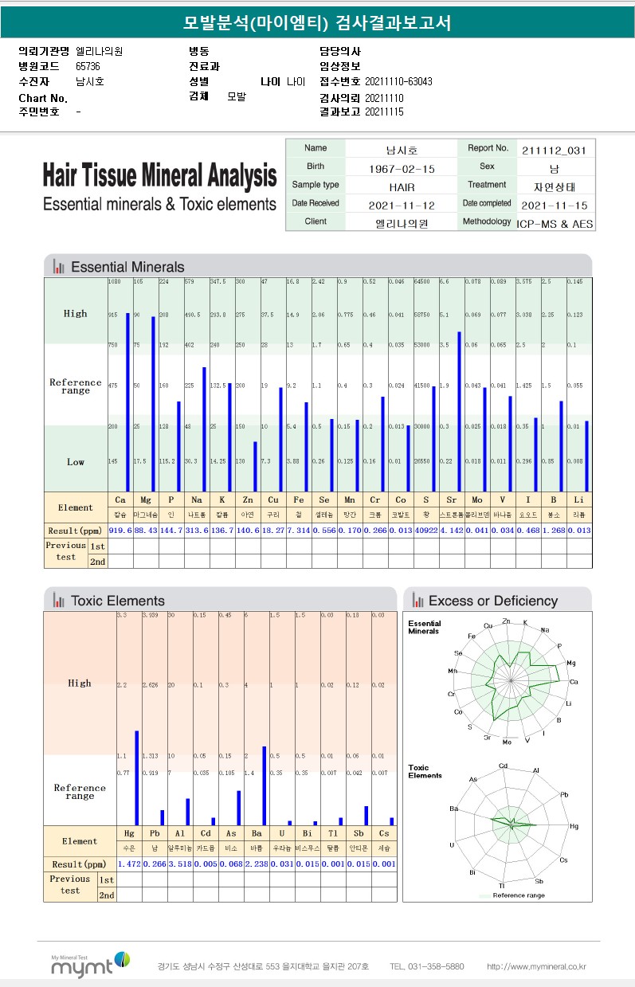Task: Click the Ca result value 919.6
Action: pyautogui.click(x=120, y=531)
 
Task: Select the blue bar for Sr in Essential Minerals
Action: pyautogui.click(x=459, y=410)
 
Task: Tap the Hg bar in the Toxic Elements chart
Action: pyautogui.click(x=136, y=777)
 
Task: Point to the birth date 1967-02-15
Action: pyautogui.click(x=402, y=169)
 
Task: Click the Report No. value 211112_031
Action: pyautogui.click(x=555, y=150)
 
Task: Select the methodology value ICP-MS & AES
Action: pyautogui.click(x=555, y=224)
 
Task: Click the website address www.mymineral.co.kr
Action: pyautogui.click(x=536, y=966)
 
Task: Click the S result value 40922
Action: pyautogui.click(x=426, y=531)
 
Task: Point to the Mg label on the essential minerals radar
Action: pyautogui.click(x=570, y=663)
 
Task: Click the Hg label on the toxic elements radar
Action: pyautogui.click(x=574, y=827)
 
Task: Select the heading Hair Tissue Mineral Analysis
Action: pyautogui.click(x=159, y=175)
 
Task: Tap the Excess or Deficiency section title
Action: pyautogui.click(x=492, y=601)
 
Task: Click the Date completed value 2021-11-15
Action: pyautogui.click(x=555, y=205)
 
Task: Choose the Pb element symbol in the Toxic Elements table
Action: pyautogui.click(x=155, y=833)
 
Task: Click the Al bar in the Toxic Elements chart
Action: pyautogui.click(x=187, y=811)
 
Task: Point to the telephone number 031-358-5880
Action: pyautogui.click(x=426, y=966)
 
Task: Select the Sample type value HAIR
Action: pyautogui.click(x=402, y=186)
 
